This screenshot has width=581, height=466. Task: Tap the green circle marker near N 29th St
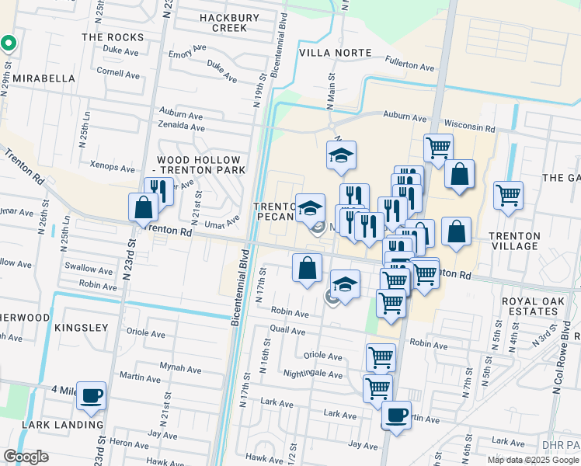coord(8,43)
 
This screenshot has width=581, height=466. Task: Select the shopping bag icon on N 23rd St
coord(144,207)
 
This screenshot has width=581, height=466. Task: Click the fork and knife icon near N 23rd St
coord(158,191)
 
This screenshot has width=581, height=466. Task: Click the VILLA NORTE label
coord(336,53)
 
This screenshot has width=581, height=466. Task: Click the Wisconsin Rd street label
coord(469,126)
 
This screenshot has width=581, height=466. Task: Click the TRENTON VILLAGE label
coord(513,241)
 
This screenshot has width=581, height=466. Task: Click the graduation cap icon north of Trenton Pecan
coord(341,156)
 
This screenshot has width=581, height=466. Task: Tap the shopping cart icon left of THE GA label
coord(508,196)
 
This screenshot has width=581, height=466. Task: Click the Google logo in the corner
coord(26,457)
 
